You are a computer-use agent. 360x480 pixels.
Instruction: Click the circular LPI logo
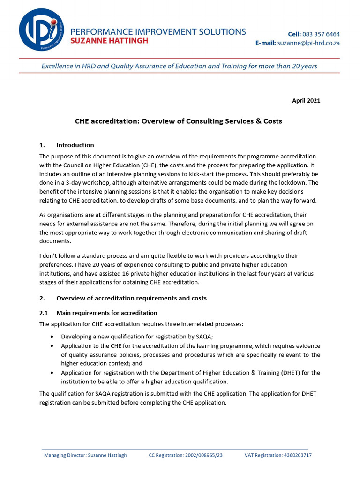coord(41,29)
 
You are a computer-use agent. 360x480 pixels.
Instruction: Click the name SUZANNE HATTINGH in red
coord(109,41)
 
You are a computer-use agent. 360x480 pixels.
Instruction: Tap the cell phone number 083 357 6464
coord(321,34)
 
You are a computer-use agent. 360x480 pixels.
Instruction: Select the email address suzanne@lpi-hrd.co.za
coord(308,43)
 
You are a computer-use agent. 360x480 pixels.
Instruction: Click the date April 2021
coord(307,100)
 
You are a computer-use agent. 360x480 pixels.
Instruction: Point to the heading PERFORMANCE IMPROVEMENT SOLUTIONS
coord(157,31)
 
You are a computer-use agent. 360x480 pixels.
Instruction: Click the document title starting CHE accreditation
coord(179,121)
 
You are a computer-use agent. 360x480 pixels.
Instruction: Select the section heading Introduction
coord(75,145)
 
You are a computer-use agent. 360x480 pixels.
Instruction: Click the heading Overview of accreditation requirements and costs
coord(131,298)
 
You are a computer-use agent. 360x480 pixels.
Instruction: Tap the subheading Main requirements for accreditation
coord(106,313)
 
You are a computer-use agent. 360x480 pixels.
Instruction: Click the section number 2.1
coord(44,313)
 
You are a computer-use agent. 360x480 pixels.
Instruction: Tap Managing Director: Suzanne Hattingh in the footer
coord(85,455)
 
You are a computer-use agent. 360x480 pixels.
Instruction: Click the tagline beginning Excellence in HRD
coord(179,66)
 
